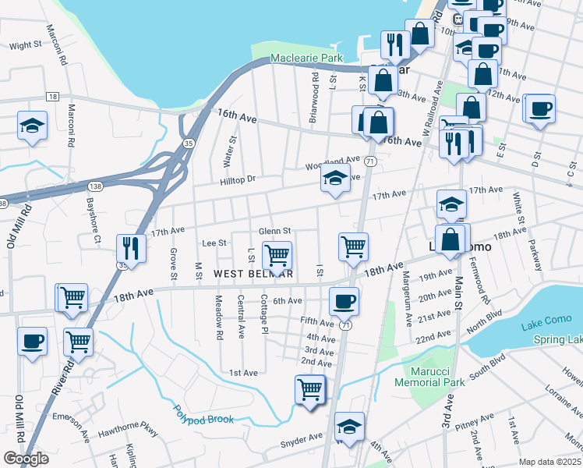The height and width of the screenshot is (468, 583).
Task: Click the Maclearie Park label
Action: click(306, 58)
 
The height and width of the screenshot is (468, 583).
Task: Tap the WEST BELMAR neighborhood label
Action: click(253, 274)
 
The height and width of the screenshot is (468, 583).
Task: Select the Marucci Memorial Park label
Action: click(429, 377)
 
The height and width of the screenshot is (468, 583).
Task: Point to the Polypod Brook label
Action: click(203, 413)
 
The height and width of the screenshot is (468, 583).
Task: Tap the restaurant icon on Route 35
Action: click(129, 248)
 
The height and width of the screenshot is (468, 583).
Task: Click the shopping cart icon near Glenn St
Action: click(277, 254)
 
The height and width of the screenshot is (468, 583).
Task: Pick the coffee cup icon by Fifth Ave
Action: click(344, 300)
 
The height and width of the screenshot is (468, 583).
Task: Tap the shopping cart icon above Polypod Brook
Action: click(310, 388)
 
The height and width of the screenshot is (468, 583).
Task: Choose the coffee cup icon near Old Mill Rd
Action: click(32, 341)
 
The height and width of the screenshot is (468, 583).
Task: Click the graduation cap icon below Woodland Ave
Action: click(334, 180)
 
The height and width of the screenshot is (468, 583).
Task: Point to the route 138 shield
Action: click(94, 187)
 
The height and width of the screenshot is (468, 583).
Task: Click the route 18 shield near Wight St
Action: click(52, 96)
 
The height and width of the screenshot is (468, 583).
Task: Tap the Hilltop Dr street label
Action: click(238, 179)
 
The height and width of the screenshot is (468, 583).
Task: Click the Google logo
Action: click(26, 459)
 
